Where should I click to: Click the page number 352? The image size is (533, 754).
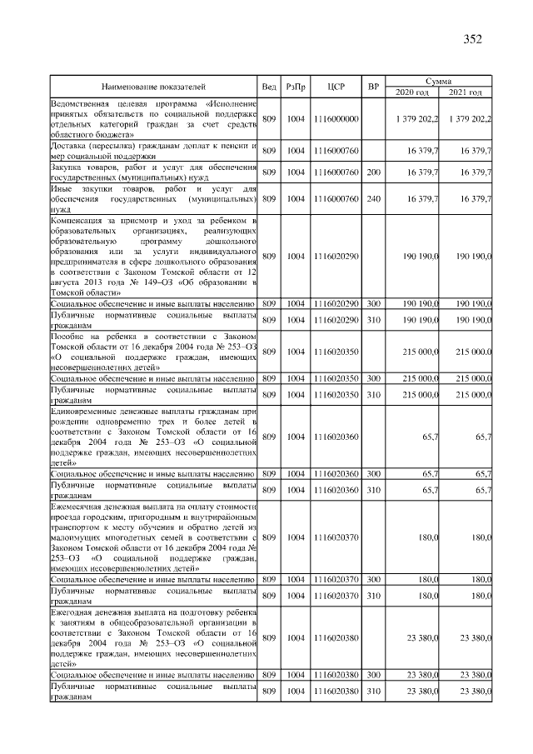point(472,38)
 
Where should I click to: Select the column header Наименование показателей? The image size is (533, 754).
point(153,86)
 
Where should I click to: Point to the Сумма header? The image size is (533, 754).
point(438,81)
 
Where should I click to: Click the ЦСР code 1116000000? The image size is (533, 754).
point(336,119)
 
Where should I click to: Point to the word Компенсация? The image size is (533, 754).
point(78,220)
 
